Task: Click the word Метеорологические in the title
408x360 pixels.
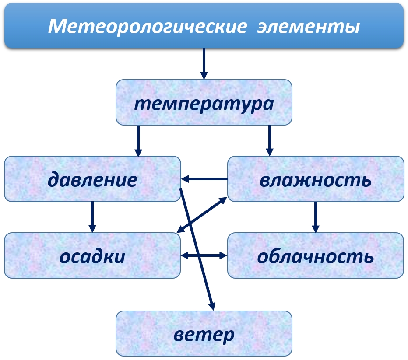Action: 147,27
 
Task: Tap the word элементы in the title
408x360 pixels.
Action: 308,27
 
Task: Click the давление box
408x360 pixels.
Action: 92,179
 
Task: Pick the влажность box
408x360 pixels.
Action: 315,179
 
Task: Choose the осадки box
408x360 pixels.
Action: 92,256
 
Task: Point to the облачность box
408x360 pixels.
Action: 315,256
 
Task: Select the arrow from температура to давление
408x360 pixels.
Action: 138,140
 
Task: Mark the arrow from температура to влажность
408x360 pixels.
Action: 269,140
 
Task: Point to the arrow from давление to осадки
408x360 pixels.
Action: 92,217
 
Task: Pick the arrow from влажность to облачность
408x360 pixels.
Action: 315,217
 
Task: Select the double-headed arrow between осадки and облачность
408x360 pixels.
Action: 204,255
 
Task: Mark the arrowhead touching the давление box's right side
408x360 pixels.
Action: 186,179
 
